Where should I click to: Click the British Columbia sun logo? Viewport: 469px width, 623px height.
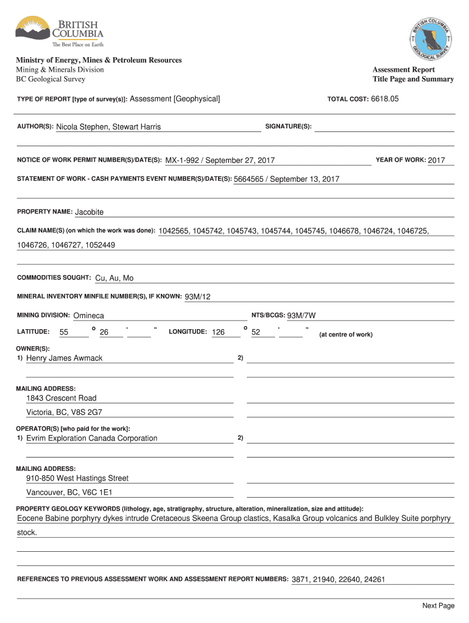pyautogui.click(x=33, y=29)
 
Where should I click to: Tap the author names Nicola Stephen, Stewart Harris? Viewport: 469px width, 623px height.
pyautogui.click(x=108, y=127)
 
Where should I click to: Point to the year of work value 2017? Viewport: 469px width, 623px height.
pyautogui.click(x=437, y=160)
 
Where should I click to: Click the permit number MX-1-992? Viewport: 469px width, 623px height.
pyautogui.click(x=183, y=161)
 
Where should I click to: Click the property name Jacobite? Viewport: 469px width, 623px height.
pyautogui.click(x=89, y=212)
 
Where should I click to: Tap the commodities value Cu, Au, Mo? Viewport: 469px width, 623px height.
pyautogui.click(x=115, y=278)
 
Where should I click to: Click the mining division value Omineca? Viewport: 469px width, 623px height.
pyautogui.click(x=88, y=316)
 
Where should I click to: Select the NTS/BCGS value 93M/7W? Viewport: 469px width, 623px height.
pyautogui.click(x=301, y=316)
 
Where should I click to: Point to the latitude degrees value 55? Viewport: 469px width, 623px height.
pyautogui.click(x=64, y=332)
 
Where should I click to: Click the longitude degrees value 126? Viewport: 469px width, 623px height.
pyautogui.click(x=218, y=332)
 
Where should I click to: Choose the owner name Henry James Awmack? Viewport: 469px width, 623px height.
pyautogui.click(x=65, y=358)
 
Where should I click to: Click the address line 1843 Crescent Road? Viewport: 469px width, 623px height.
pyautogui.click(x=61, y=398)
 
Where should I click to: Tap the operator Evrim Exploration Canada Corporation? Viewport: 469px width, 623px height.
pyautogui.click(x=91, y=438)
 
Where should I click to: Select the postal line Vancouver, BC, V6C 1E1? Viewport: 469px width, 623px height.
pyautogui.click(x=69, y=492)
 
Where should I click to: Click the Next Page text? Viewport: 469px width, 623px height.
pyautogui.click(x=438, y=605)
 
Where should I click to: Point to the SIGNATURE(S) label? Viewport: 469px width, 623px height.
pyautogui.click(x=289, y=127)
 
